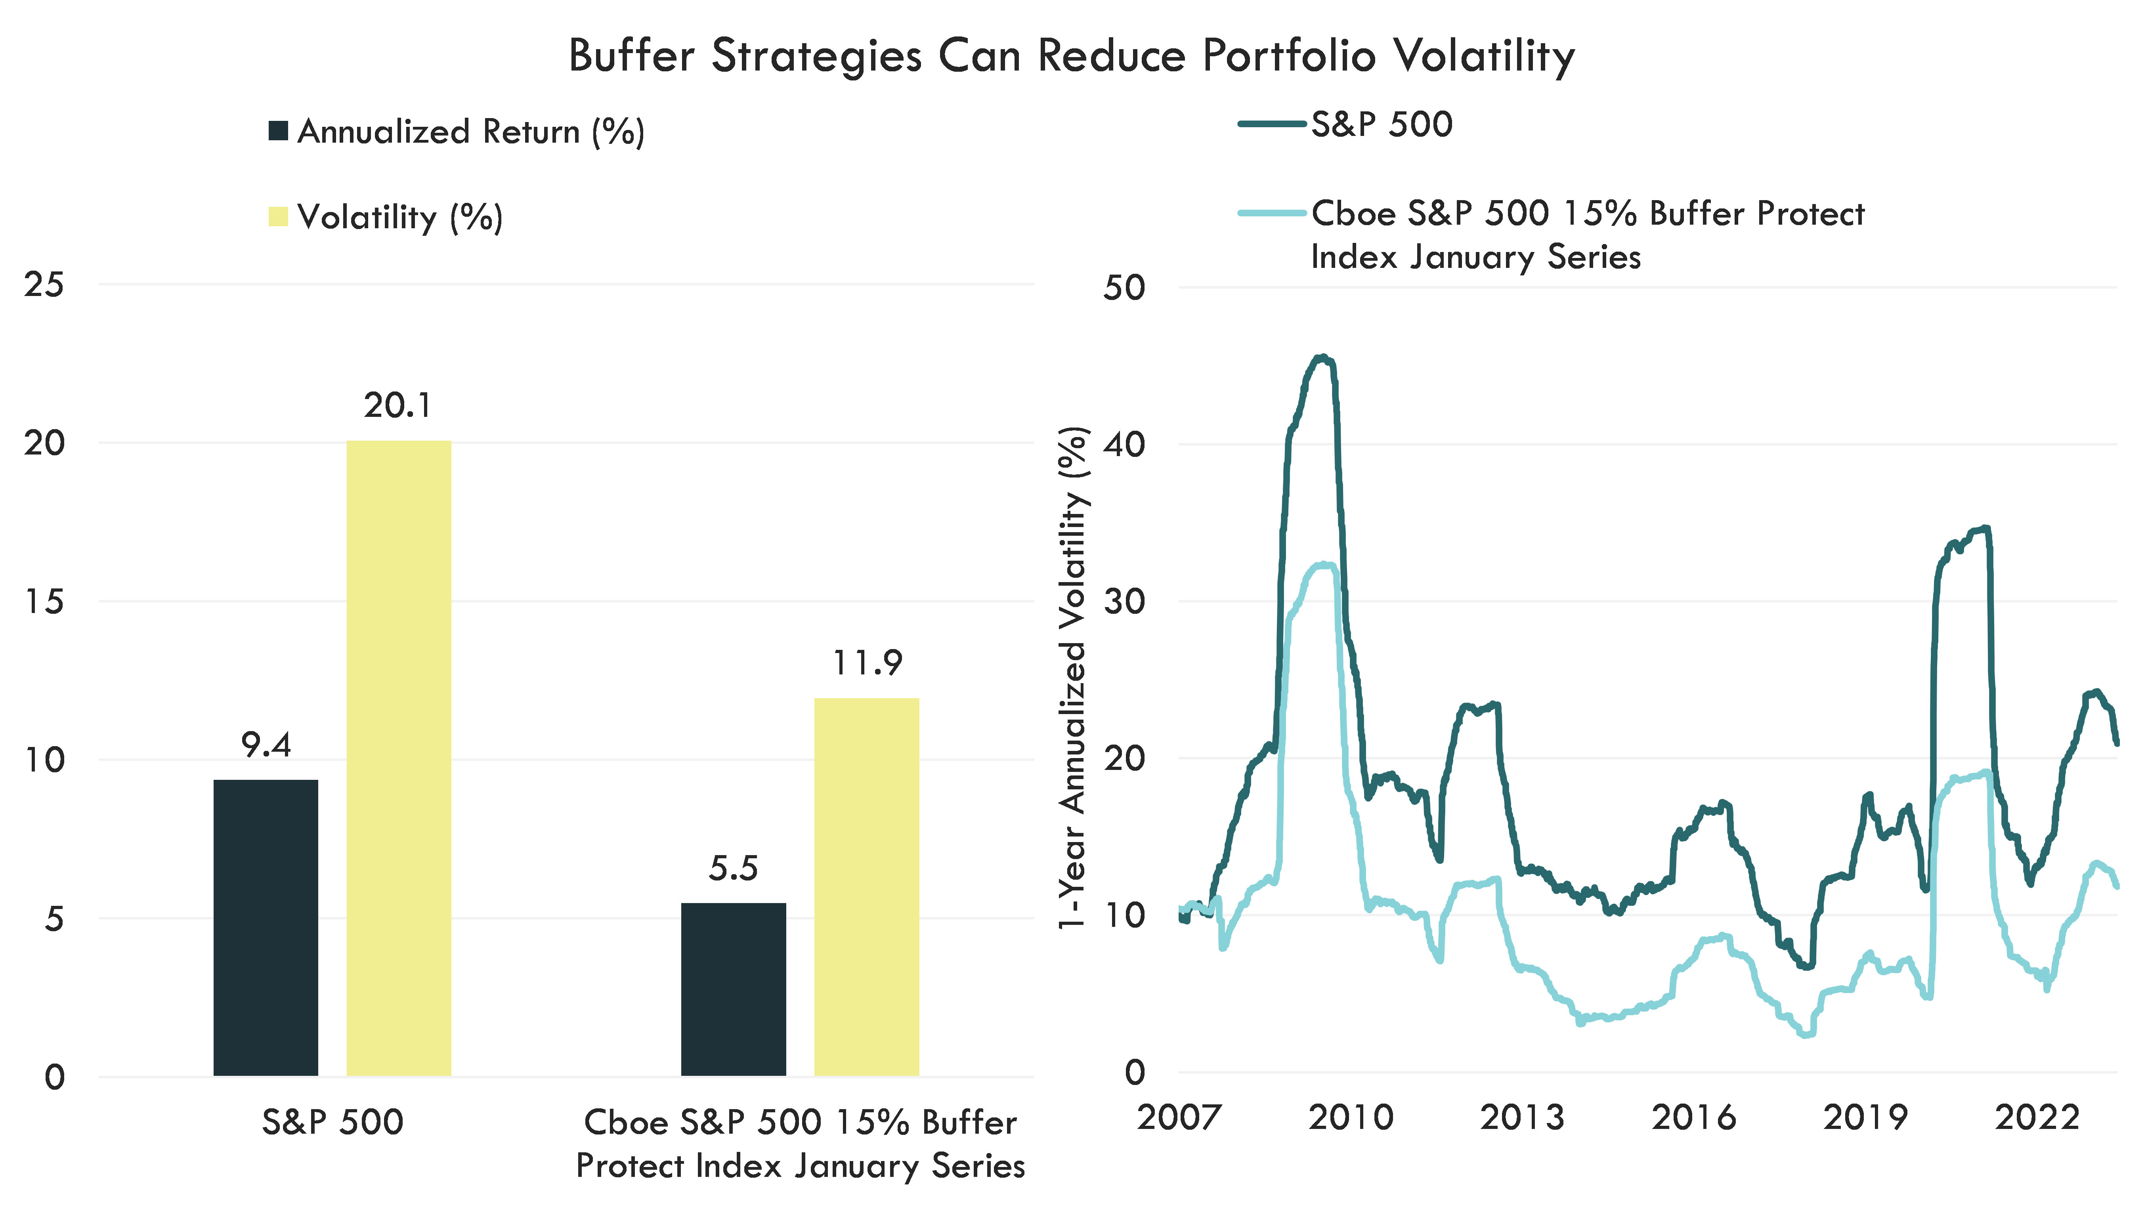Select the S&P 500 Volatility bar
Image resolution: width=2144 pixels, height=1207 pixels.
point(399,758)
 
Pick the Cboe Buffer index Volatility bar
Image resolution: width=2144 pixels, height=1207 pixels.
point(866,886)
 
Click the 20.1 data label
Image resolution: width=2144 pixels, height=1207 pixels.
point(398,405)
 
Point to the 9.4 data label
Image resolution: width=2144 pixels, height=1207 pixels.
point(266,745)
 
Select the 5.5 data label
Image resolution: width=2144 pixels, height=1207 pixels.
point(733,868)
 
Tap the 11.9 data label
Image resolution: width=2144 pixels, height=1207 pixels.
point(867,663)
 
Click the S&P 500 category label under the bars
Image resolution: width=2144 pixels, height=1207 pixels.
point(332,1122)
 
